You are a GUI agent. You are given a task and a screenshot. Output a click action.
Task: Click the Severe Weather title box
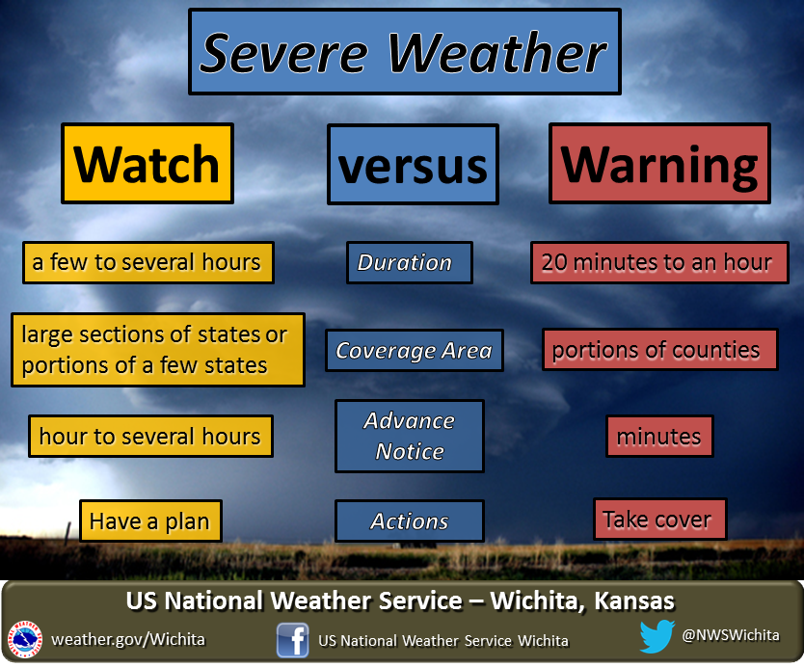405,51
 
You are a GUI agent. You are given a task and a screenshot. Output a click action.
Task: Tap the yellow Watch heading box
147,163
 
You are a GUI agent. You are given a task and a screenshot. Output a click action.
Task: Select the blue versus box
413,164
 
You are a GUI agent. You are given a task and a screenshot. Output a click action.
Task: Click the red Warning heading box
659,163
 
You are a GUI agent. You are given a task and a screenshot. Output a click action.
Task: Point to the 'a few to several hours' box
148,262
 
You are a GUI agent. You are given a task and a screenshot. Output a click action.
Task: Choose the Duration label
409,262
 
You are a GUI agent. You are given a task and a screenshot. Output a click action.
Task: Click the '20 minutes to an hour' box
659,262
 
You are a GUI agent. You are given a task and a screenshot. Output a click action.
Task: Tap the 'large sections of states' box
158,350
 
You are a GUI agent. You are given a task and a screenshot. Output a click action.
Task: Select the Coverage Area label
415,350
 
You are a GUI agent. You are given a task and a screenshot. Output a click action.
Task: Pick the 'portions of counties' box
660,350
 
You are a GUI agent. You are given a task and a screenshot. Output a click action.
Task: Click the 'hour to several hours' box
150,437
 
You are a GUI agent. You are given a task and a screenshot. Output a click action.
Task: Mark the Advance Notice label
409,436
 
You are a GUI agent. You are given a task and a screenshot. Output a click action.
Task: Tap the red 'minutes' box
659,437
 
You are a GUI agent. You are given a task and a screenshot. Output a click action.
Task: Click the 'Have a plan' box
150,520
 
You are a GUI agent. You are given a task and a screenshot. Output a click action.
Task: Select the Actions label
409,520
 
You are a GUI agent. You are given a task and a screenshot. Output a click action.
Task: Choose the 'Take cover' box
660,519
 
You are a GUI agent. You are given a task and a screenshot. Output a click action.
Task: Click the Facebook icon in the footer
292,640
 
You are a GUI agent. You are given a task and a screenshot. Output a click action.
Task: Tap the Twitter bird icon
657,636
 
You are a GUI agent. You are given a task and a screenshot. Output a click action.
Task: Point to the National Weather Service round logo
25,640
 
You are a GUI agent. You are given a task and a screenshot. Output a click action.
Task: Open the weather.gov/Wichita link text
128,639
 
